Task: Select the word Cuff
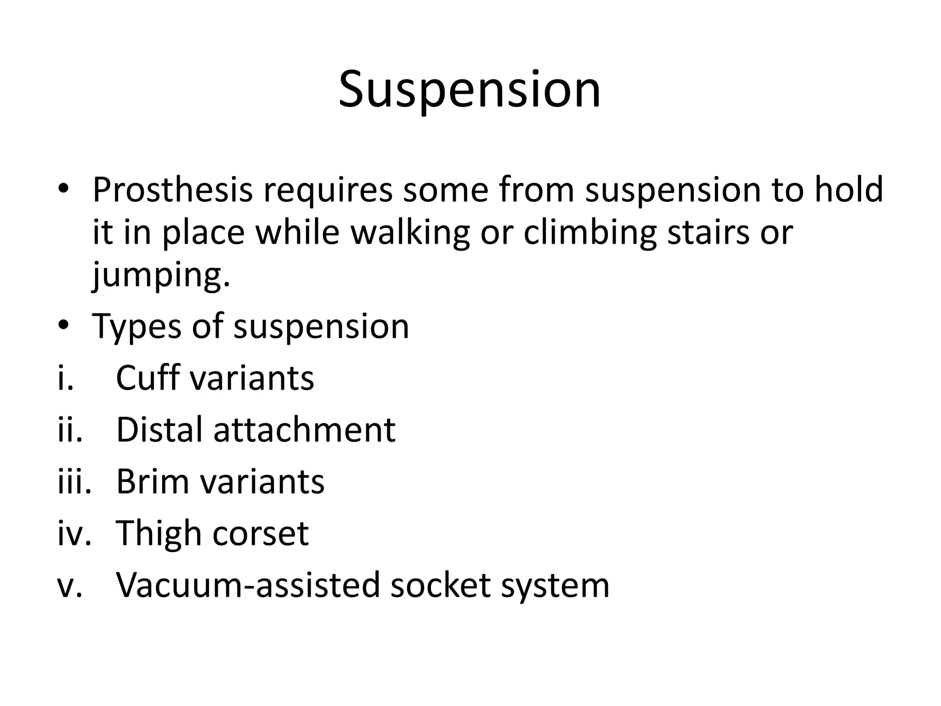click(x=147, y=378)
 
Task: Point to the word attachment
click(x=304, y=430)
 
